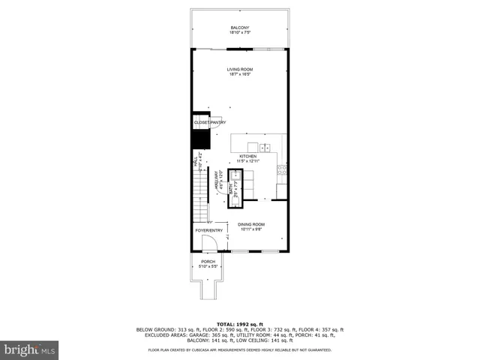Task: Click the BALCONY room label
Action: pyautogui.click(x=240, y=28)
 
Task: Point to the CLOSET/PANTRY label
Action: pyautogui.click(x=210, y=122)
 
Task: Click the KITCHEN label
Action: pyautogui.click(x=247, y=156)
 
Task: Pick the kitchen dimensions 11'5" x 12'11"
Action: pyautogui.click(x=247, y=161)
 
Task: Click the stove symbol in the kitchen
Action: pyautogui.click(x=282, y=169)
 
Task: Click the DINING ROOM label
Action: pyautogui.click(x=251, y=224)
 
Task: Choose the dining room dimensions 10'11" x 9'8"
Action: pyautogui.click(x=251, y=229)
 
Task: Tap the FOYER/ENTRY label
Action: pyautogui.click(x=209, y=230)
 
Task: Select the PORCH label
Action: pyautogui.click(x=207, y=261)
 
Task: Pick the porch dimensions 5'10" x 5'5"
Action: pyautogui.click(x=207, y=266)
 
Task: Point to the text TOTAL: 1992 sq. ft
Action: pyautogui.click(x=240, y=322)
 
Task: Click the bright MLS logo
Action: pyautogui.click(x=30, y=349)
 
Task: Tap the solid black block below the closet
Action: pyautogui.click(x=200, y=139)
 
